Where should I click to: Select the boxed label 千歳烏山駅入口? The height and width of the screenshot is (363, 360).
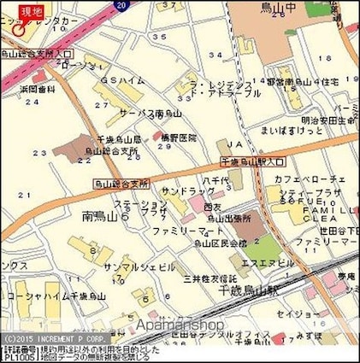pos(252,161)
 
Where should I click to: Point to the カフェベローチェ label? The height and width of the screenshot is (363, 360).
pos(310,179)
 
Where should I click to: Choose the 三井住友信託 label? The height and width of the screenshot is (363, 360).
pos(210,278)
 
